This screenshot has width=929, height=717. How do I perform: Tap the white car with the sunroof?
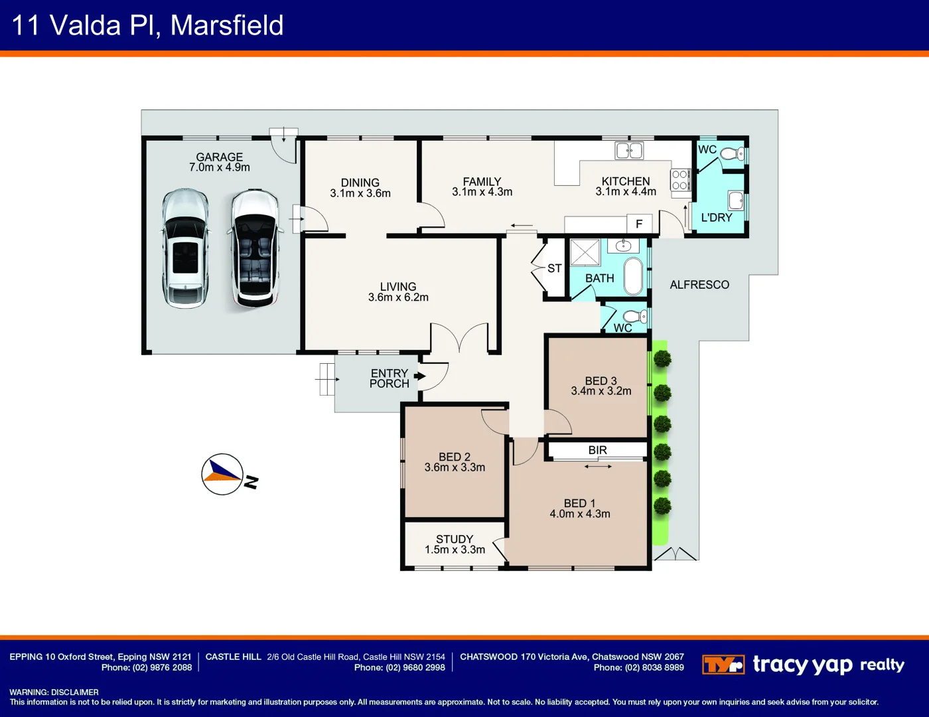click(185, 248)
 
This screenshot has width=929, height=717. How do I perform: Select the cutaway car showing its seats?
click(255, 248)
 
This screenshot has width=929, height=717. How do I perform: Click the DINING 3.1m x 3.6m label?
click(360, 188)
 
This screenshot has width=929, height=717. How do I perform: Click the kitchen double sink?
click(629, 151)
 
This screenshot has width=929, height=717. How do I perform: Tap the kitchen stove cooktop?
click(680, 180)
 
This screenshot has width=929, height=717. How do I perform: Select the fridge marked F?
click(640, 224)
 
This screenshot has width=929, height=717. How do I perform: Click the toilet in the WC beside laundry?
click(731, 155)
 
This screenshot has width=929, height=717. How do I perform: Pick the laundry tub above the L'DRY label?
click(735, 200)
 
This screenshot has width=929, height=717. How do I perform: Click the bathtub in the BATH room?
click(634, 276)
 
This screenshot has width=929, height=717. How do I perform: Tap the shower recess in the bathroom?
click(585, 253)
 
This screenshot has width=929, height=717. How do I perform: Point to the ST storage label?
click(555, 268)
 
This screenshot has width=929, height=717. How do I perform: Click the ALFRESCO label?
click(699, 285)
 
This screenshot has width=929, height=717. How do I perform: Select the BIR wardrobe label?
click(597, 450)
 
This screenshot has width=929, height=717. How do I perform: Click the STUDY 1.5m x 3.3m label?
click(455, 544)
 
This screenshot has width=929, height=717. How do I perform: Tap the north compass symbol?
click(223, 474)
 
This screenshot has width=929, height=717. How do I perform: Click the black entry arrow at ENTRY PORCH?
click(419, 376)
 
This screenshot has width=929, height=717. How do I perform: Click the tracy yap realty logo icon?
click(723, 665)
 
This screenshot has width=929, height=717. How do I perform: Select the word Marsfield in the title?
click(227, 25)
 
